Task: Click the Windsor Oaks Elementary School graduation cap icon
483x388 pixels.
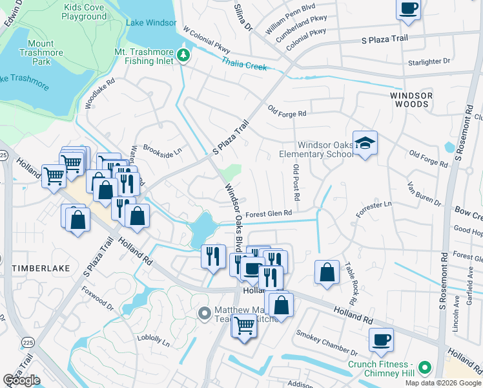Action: click(365, 144)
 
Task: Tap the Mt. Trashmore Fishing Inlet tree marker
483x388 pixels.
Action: click(183, 56)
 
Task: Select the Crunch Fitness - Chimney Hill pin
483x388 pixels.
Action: click(424, 369)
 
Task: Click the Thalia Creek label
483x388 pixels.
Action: click(244, 63)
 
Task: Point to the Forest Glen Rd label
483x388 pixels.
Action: click(269, 213)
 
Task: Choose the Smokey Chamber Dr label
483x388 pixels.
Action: click(327, 343)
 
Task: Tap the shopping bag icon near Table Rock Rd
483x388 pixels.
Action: click(327, 272)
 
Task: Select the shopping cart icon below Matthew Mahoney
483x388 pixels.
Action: click(244, 326)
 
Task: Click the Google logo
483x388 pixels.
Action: click(21, 380)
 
